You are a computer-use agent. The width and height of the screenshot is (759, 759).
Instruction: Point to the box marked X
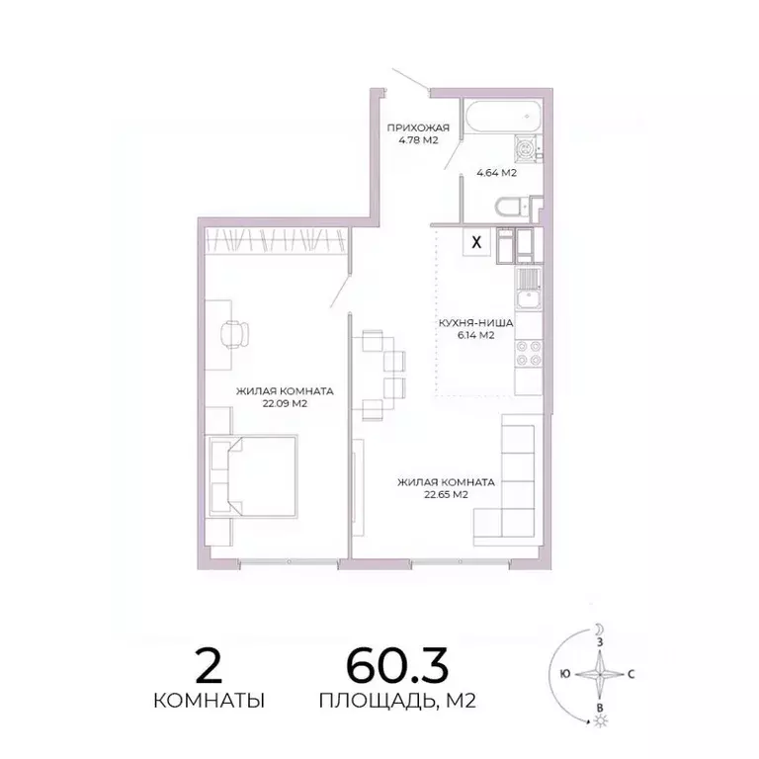(477, 241)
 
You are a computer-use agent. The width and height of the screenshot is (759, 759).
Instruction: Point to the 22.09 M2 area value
(284, 403)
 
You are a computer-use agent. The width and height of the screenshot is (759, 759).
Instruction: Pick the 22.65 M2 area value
(446, 495)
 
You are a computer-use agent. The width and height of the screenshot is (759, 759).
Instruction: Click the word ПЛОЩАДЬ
(360, 702)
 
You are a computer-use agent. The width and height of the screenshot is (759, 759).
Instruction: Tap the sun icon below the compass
(598, 722)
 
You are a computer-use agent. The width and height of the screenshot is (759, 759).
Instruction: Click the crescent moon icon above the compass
(598, 628)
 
